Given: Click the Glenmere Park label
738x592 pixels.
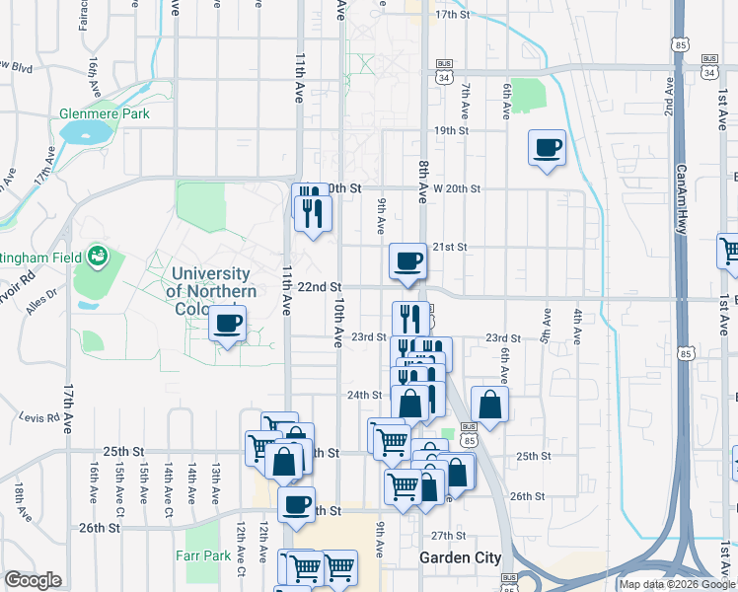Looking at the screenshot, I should (105, 114).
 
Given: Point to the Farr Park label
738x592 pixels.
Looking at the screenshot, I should (208, 555).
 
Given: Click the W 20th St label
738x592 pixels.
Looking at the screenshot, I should (455, 188).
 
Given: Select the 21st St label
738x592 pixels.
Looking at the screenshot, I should (450, 247).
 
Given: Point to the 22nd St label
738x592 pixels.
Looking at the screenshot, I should (319, 287).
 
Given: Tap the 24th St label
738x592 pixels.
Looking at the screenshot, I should (364, 395).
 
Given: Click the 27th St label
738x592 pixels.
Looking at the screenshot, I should (447, 535).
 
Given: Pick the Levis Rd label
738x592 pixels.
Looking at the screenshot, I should (38, 418).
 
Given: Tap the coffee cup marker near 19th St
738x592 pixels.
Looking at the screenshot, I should (547, 149).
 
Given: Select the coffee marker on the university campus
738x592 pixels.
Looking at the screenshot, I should (227, 323).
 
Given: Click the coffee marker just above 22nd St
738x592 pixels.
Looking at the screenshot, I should (407, 261).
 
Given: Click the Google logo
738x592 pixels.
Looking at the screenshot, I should (33, 580).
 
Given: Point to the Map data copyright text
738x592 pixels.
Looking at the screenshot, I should (676, 584).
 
